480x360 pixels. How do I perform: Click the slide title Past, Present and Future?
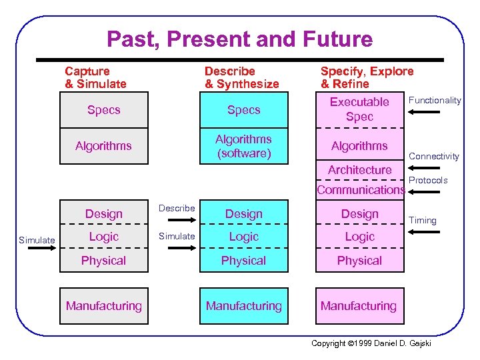[239, 39]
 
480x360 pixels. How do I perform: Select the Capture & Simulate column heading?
[95, 77]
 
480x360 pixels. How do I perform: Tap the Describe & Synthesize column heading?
[241, 77]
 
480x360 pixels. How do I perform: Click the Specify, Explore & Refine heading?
[367, 77]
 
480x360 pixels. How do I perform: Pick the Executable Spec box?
[359, 109]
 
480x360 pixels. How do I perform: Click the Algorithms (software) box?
[243, 146]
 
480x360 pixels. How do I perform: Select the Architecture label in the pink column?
[359, 170]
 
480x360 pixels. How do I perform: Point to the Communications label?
[361, 190]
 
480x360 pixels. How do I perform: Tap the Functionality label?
[435, 100]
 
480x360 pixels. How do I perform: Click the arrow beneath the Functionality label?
[424, 112]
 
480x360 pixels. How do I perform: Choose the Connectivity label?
[434, 156]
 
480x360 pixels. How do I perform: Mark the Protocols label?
[428, 180]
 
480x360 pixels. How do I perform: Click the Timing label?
[423, 220]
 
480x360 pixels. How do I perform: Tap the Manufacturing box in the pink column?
[359, 307]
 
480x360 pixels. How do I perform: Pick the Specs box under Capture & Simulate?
[104, 110]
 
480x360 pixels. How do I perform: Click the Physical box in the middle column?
[243, 261]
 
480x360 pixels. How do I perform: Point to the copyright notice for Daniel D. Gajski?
[371, 343]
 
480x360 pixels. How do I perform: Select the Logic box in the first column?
[104, 237]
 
